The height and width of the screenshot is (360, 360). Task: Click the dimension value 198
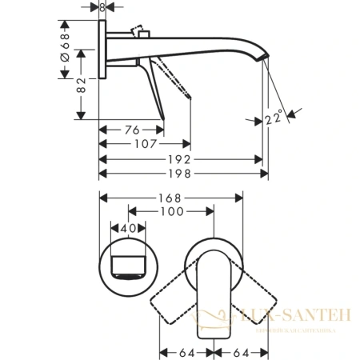pyautogui.click(x=182, y=173)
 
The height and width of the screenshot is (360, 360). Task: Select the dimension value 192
pyautogui.click(x=182, y=158)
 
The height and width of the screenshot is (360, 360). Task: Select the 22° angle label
pyautogui.click(x=275, y=120)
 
